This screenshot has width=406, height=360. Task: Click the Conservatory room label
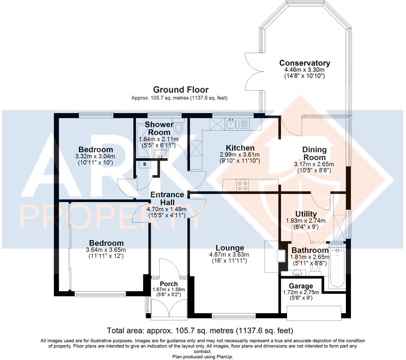coord(305,63)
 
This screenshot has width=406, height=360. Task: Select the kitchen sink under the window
coord(232,124)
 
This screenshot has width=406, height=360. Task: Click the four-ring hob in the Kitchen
coord(243,185)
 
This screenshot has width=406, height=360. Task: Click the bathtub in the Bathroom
coord(337,268)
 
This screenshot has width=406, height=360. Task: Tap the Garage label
coord(301,286)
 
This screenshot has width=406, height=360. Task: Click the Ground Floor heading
coord(181,90)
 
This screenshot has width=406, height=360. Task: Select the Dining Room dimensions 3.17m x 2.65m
coord(314,164)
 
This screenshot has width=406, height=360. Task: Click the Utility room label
coord(306,214)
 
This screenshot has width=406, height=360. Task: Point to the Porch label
coord(169,284)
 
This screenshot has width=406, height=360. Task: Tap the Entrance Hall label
coord(167,198)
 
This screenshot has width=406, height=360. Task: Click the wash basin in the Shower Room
coord(160,154)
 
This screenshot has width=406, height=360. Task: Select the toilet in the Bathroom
coord(316,267)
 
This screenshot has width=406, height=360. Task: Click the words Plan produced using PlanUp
coord(202,357)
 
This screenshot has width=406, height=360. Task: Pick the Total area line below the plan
coord(200,330)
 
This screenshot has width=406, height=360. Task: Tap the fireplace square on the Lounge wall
coord(281,256)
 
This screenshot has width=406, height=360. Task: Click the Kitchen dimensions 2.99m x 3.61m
coord(240,154)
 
